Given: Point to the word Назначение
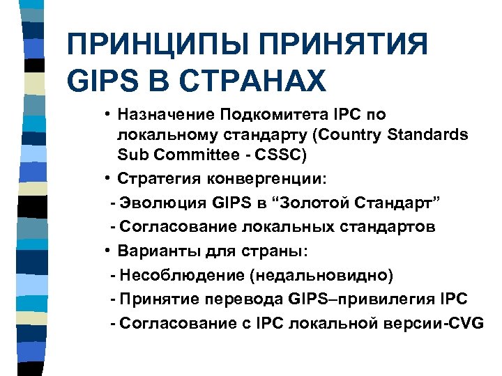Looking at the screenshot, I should [x=165, y=114].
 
